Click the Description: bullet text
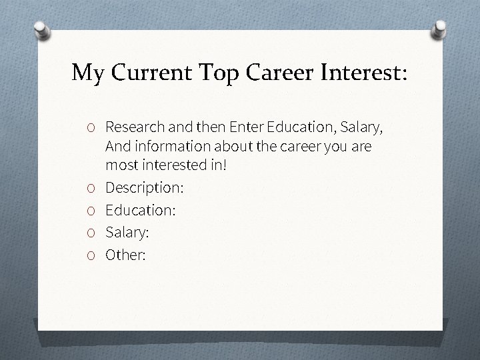(145, 188)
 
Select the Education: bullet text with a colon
(140, 210)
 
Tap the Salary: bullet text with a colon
(128, 233)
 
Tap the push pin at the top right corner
(440, 29)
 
